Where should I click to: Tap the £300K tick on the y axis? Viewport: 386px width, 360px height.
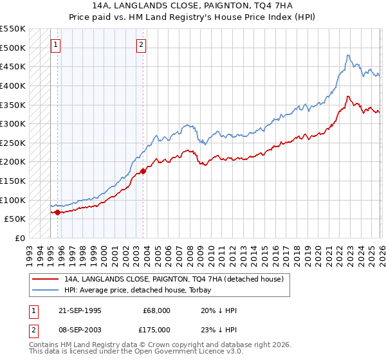point(13,123)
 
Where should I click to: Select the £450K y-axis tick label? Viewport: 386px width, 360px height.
point(13,66)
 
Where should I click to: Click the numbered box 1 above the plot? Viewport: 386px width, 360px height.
point(56,45)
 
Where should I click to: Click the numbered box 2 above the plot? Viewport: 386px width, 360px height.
point(141,45)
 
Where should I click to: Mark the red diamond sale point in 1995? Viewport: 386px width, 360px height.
point(58,212)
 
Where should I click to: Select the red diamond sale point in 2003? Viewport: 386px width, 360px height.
point(143,171)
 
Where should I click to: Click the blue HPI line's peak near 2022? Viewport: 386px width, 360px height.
point(347,55)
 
